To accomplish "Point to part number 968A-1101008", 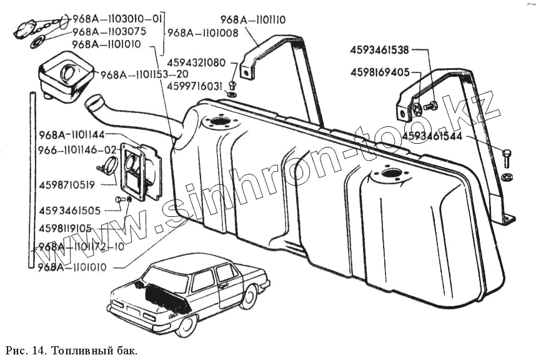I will pyautogui.click(x=202, y=33).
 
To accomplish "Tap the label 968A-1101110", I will pyautogui.click(x=253, y=20).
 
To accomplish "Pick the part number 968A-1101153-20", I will pyautogui.click(x=137, y=75).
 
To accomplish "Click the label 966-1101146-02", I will pyautogui.click(x=77, y=150).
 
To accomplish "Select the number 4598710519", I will pyautogui.click(x=67, y=184).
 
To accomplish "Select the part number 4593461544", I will pyautogui.click(x=433, y=134).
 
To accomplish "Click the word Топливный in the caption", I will pyautogui.click(x=77, y=349).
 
